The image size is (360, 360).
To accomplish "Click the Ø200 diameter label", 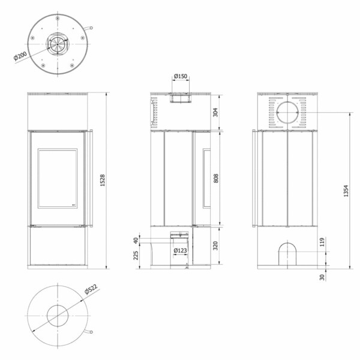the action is tap(20, 56).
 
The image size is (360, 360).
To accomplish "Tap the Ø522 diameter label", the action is tap(91, 289).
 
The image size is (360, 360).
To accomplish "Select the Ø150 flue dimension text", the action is tap(181, 76).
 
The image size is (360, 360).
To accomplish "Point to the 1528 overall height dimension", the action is tap(103, 180).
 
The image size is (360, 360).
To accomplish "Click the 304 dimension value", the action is tap(215, 112).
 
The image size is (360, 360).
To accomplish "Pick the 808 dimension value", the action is tap(216, 178).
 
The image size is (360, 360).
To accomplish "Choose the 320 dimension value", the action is tap(215, 245).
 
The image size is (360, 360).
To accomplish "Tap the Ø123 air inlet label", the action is tap(181, 250).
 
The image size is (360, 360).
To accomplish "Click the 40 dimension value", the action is tap(136, 241).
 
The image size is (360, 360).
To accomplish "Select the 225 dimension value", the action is tap(136, 256).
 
